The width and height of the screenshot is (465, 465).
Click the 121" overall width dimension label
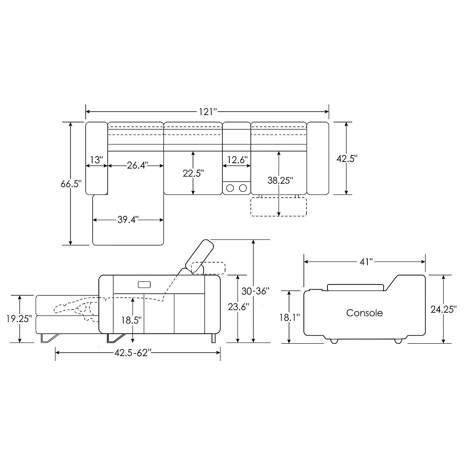(208, 112)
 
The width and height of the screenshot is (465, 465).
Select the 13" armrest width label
(96, 160)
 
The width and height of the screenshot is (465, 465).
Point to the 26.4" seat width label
(138, 165)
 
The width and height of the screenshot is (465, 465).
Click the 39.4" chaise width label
(128, 220)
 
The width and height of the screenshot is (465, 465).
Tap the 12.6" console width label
(238, 160)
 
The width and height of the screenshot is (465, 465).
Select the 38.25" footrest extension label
(280, 180)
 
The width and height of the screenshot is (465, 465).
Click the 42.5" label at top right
(347, 158)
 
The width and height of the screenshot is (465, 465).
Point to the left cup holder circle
(230, 188)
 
